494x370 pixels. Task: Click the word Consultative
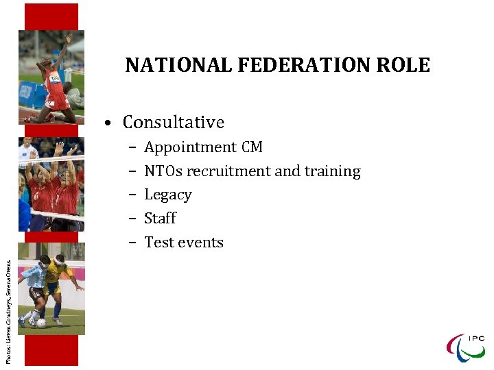[174, 123]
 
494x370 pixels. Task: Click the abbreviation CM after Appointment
[252, 147]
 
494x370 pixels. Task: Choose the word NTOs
[163, 171]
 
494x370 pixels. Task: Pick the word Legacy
[168, 195]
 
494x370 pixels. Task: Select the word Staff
[160, 219]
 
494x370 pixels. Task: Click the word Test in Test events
[158, 243]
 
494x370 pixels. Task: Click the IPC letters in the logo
[476, 338]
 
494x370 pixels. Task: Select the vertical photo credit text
[8, 301]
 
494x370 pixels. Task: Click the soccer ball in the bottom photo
[41, 323]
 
